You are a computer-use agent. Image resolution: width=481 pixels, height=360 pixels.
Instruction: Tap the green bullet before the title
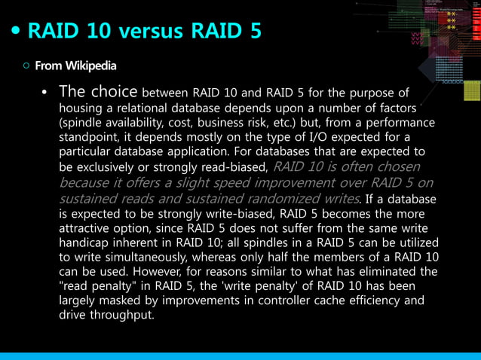click(17, 32)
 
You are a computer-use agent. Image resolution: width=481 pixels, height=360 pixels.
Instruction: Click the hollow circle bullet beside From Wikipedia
click(26, 66)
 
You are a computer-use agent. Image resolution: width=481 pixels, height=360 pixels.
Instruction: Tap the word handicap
click(85, 243)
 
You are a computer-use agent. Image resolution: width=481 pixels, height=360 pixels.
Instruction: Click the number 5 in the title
click(255, 32)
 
